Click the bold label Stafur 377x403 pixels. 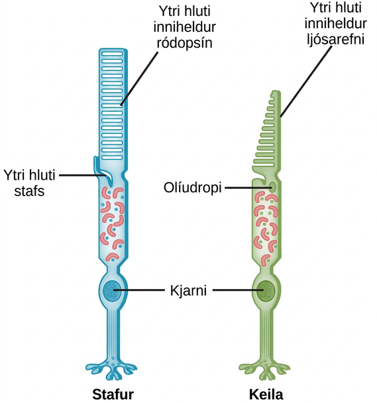pyautogui.click(x=113, y=394)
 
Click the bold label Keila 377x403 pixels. pyautogui.click(x=266, y=394)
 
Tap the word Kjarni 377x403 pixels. pyautogui.click(x=188, y=291)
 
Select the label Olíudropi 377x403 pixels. pyautogui.click(x=193, y=188)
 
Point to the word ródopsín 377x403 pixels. pyautogui.click(x=184, y=43)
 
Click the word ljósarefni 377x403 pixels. pyautogui.click(x=336, y=39)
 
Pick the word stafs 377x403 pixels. pyautogui.click(x=29, y=191)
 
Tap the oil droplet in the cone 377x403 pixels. pyautogui.click(x=273, y=187)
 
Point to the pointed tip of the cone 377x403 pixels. pyautogui.click(x=276, y=91)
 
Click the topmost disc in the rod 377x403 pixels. pyautogui.click(x=112, y=54)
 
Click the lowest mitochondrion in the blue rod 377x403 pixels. pyautogui.click(x=112, y=257)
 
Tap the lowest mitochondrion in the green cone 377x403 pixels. pyautogui.click(x=266, y=260)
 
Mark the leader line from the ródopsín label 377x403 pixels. pyautogui.click(x=139, y=79)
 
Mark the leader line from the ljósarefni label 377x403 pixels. pyautogui.click(x=305, y=82)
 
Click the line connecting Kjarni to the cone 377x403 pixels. pyautogui.click(x=239, y=290)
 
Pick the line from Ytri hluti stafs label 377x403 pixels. pyautogui.click(x=83, y=176)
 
